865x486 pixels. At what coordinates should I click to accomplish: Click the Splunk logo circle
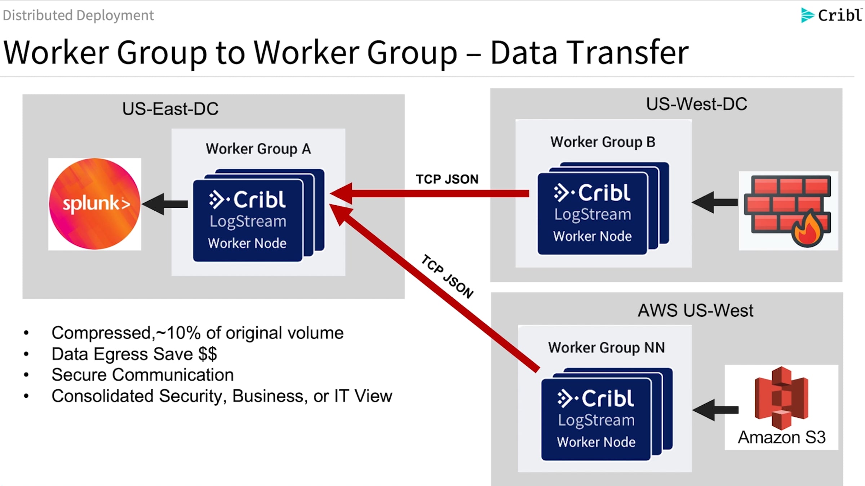point(95,204)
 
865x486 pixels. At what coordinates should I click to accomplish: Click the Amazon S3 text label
point(781,437)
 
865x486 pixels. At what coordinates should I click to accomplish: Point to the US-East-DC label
point(170,109)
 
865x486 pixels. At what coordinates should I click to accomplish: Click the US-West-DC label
point(696,104)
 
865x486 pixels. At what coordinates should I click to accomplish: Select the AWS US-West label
point(695,310)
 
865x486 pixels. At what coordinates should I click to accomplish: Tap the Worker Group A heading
point(258,149)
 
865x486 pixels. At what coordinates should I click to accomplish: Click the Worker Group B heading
point(603,142)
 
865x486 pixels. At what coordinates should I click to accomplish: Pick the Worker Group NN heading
point(606,348)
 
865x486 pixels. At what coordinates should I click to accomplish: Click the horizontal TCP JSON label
point(447,179)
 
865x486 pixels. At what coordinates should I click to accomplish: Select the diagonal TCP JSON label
point(447,276)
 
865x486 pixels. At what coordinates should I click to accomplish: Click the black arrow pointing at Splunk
point(165,204)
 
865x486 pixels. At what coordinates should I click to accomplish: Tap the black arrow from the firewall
point(715,202)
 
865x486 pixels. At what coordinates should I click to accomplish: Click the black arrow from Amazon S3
point(715,410)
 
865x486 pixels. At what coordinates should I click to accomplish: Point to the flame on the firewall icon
point(808,229)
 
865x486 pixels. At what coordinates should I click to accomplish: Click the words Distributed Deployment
point(78,15)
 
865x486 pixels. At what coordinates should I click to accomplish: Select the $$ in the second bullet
point(208,354)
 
